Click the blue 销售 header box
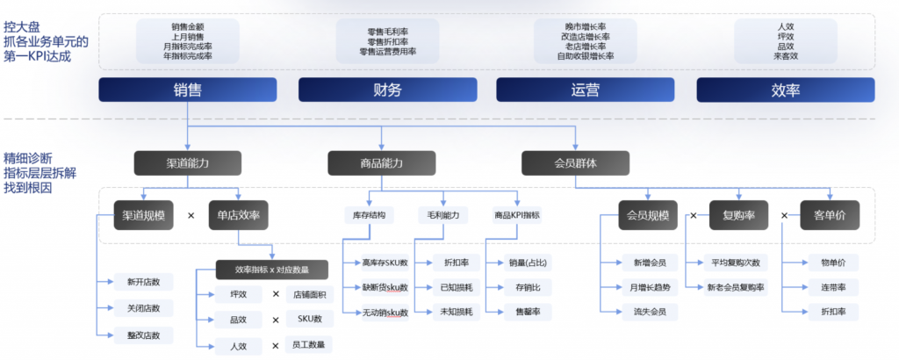pos(188,90)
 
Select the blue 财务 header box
pos(387,90)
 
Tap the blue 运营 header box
pos(586,90)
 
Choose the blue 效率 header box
pos(785,90)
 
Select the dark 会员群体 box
pos(575,162)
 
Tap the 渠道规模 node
pos(142,215)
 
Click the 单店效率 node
pos(237,215)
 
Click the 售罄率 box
pos(523,312)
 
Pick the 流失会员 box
pos(649,312)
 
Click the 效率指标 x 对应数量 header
pos(273,270)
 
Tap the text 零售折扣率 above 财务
pos(387,41)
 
